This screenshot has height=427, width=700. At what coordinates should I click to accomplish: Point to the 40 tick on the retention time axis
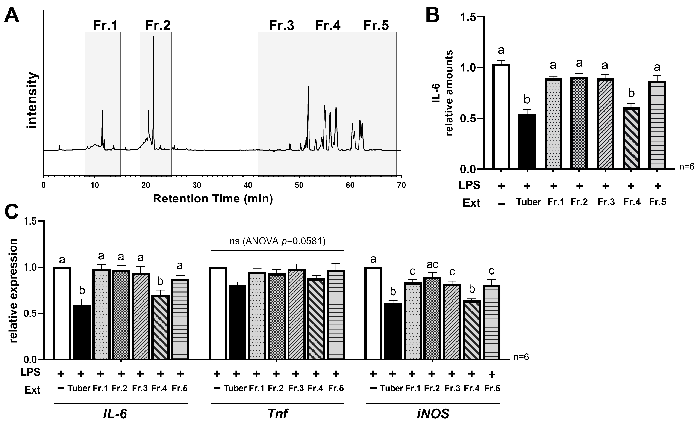(248, 185)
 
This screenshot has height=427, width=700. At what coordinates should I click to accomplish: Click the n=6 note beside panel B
(687, 167)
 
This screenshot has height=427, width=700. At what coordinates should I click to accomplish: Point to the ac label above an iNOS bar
(432, 265)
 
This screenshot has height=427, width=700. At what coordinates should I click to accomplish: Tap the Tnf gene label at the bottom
(277, 414)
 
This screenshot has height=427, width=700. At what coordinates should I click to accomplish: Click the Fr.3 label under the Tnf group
(296, 388)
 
